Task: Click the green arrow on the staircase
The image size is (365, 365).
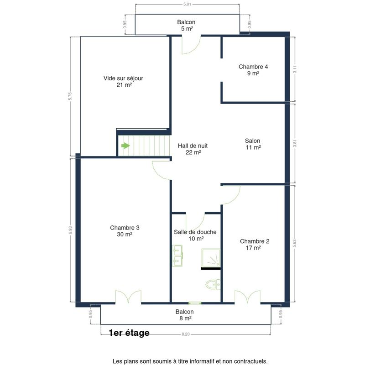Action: [125, 146]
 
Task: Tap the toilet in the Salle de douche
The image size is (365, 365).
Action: [213, 284]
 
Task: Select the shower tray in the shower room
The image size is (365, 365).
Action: [211, 258]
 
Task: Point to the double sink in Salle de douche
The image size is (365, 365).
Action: [177, 255]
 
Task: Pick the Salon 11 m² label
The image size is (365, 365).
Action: [253, 144]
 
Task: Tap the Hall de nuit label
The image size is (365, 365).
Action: [193, 146]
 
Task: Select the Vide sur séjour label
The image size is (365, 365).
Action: [123, 78]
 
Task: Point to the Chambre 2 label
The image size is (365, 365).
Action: [255, 241]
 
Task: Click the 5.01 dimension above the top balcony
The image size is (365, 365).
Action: [187, 4]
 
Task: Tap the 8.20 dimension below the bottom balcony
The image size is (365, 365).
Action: [186, 334]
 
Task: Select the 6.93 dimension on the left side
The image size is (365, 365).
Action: [70, 230]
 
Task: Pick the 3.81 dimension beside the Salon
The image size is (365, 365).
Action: [295, 143]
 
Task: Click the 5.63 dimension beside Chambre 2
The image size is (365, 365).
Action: [295, 243]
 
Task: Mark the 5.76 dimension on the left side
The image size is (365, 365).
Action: [70, 96]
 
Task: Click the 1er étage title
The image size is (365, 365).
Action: [129, 333]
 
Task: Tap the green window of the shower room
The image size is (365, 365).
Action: [195, 303]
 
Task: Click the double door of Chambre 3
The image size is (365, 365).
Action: [128, 297]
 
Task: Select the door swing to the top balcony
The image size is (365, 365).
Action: [191, 45]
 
